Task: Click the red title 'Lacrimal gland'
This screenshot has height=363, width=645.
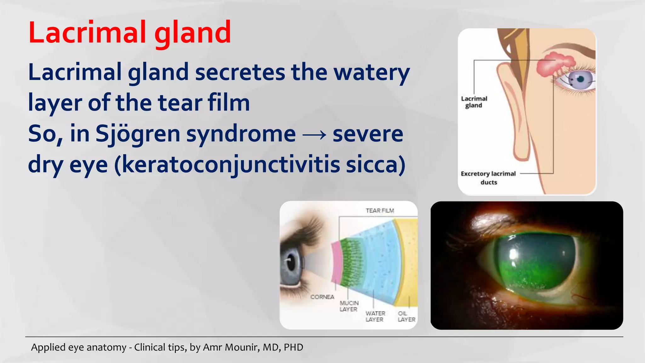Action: pos(129,32)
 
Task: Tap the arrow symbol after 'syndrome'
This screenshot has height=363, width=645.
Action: pos(314,135)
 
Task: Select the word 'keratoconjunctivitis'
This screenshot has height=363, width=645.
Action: pos(231,164)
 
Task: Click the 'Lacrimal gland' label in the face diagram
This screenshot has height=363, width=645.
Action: pos(474,102)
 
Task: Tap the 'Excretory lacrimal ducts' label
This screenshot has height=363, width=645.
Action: pos(488,178)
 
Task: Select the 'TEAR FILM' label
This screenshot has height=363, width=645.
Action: pos(380,210)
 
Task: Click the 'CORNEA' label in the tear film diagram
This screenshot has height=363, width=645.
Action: pos(322,297)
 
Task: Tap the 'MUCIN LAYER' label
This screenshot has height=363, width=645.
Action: pos(349,306)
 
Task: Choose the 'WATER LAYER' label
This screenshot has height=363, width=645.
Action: pos(375,316)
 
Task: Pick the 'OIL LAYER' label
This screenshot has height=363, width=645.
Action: pos(406,316)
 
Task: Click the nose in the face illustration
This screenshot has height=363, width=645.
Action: pos(520,126)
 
